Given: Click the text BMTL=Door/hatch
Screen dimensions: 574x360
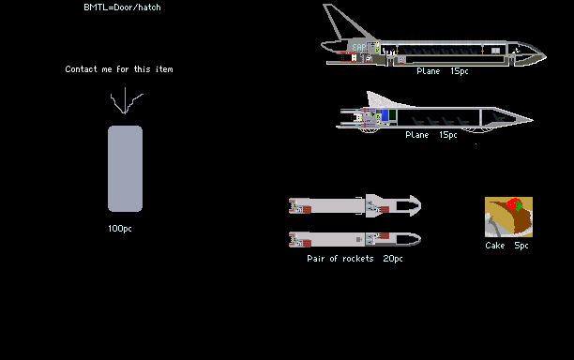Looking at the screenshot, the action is pos(122,7).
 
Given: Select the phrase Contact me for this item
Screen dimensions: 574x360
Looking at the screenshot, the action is pos(119,69).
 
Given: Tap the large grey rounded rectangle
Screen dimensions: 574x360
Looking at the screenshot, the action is pos(125,169).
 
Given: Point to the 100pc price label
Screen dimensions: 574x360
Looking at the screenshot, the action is pos(120,229).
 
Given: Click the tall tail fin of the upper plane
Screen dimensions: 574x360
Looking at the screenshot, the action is pos(342,22).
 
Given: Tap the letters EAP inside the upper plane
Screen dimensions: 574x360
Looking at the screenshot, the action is pos(358,48).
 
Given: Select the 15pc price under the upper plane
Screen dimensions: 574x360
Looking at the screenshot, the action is pos(460,71).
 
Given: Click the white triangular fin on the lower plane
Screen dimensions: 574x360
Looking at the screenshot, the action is pos(383,100).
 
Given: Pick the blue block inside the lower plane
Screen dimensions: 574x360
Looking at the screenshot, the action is pos(385,115).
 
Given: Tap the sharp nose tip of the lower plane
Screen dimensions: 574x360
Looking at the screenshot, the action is pos(533,119).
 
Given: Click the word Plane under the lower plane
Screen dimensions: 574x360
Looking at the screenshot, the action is pos(417,135).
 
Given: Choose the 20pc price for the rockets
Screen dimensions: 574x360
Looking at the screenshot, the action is pos(393,259).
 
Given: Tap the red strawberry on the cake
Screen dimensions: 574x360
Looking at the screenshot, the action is pos(514,204).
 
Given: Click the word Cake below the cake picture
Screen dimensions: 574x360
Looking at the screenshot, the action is pos(495,246).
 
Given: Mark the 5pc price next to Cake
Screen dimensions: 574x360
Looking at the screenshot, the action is pos(521,246).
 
